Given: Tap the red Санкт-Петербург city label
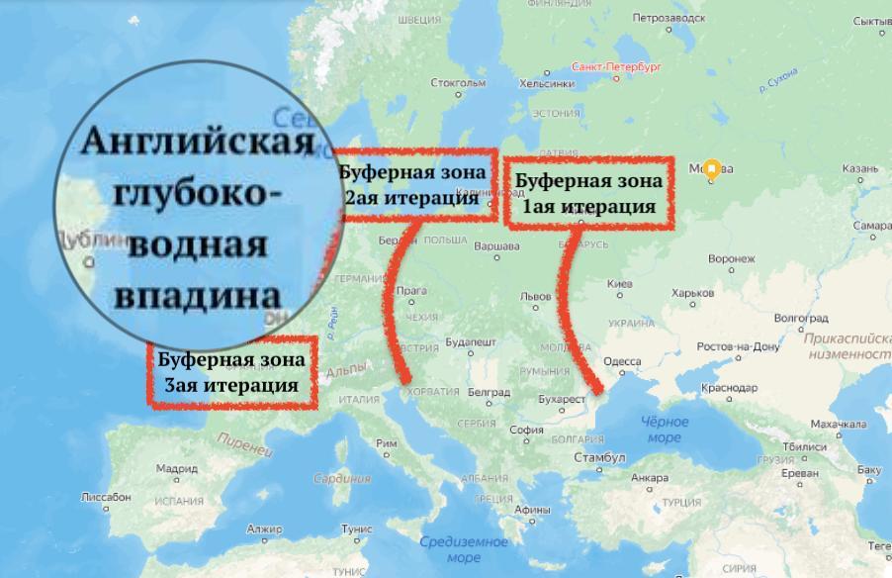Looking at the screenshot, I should point(615,67).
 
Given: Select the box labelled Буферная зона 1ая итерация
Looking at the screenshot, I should point(588,192).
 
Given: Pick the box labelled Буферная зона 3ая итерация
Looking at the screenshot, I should point(231,372).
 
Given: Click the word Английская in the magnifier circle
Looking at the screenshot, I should point(197,141).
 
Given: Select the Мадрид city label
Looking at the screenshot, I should point(177,468).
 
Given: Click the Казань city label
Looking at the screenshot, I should point(859,168).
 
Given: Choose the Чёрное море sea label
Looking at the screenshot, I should point(665,430).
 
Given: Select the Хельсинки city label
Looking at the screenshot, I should point(546,84).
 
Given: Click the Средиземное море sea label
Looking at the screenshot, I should point(464,549).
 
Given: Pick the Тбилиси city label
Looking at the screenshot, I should point(808,446).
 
